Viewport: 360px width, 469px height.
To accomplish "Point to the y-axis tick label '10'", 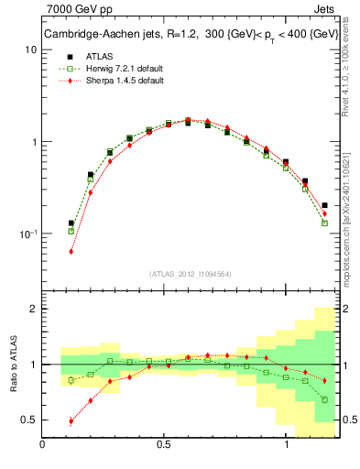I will (x=30, y=49).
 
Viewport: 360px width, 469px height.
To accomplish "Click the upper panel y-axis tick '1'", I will (x=33, y=142).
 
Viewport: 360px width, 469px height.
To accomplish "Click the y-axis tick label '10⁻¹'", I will (x=27, y=234).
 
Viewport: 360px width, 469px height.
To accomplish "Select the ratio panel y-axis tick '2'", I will (x=33, y=309).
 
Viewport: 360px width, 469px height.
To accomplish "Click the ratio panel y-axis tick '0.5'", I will (x=28, y=420).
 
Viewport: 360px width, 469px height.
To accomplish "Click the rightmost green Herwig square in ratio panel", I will (x=325, y=399).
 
